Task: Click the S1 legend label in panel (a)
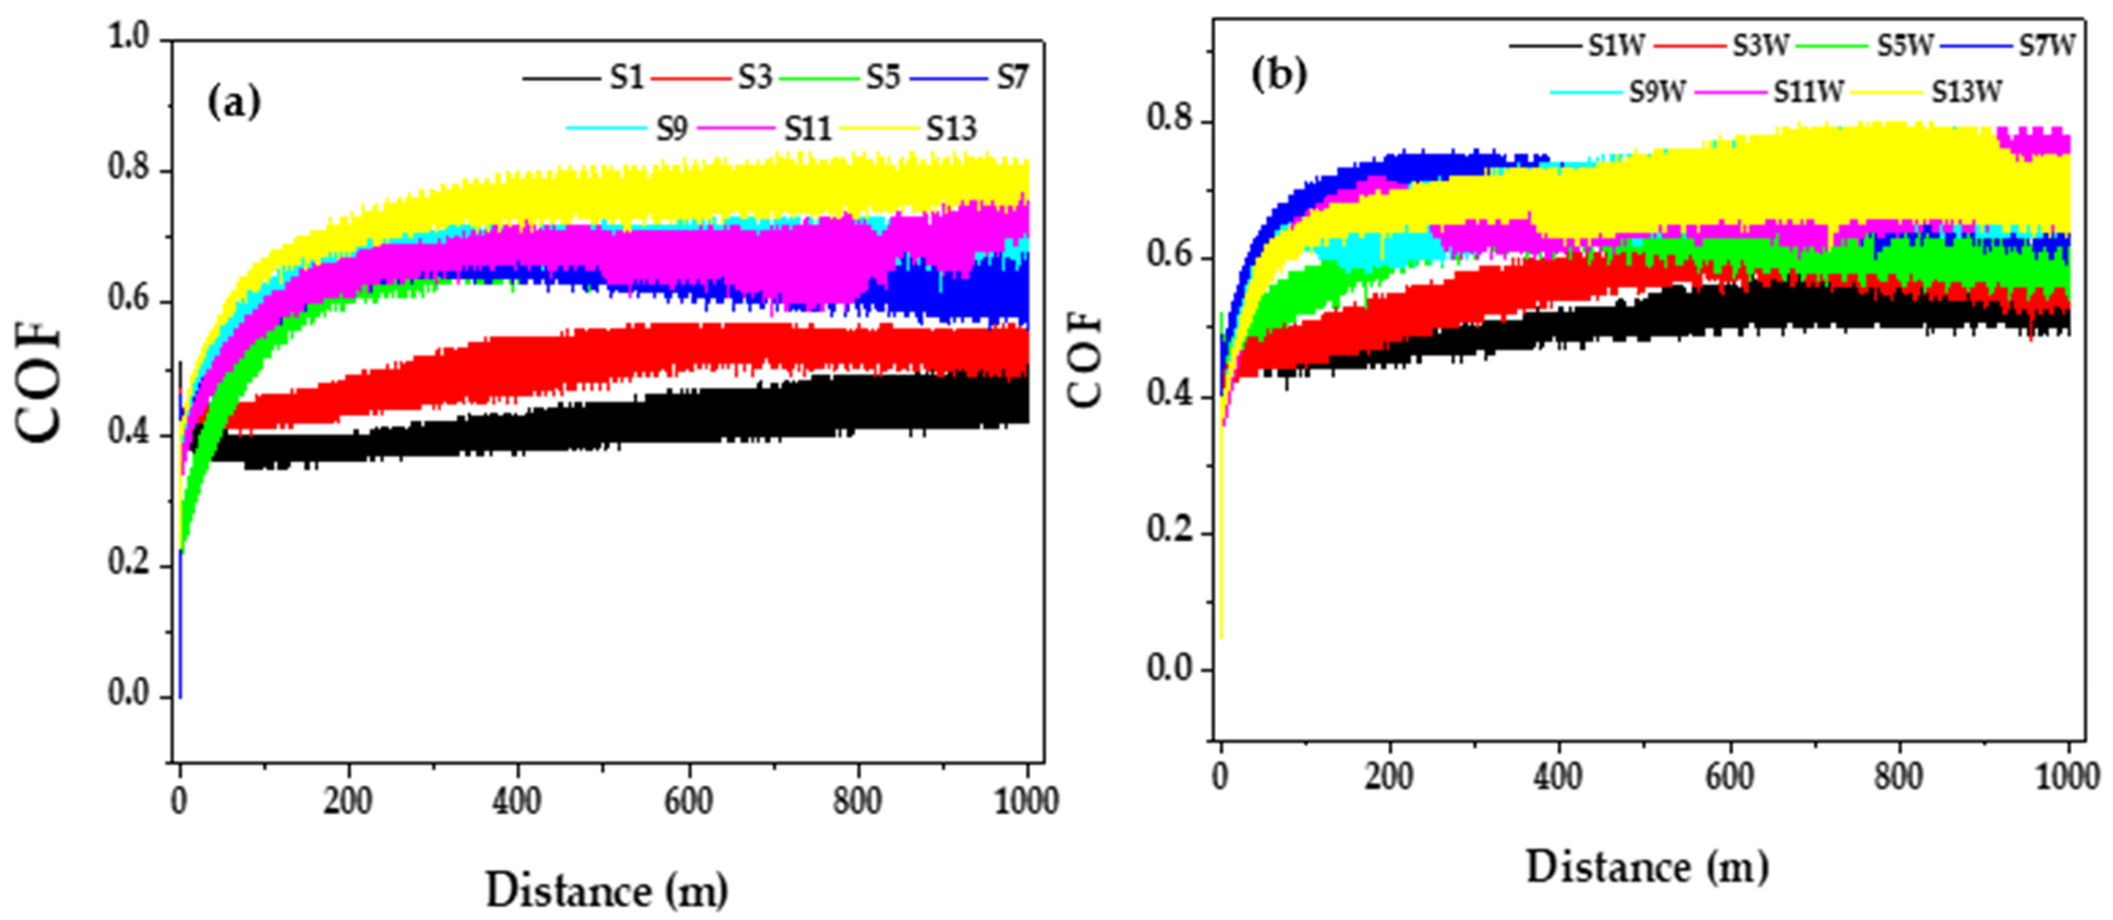tap(627, 78)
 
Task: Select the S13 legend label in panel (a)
tap(952, 129)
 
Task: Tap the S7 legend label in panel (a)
tap(1012, 78)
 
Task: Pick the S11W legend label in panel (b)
tap(1809, 92)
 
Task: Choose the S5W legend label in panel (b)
tap(1905, 45)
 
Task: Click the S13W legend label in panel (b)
tap(1966, 92)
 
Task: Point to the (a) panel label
tap(234, 104)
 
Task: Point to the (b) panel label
tap(1279, 75)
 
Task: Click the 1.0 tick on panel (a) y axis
tap(129, 37)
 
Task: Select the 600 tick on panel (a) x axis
tap(687, 800)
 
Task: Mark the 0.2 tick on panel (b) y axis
tap(1169, 530)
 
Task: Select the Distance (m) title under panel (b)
tap(1646, 867)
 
